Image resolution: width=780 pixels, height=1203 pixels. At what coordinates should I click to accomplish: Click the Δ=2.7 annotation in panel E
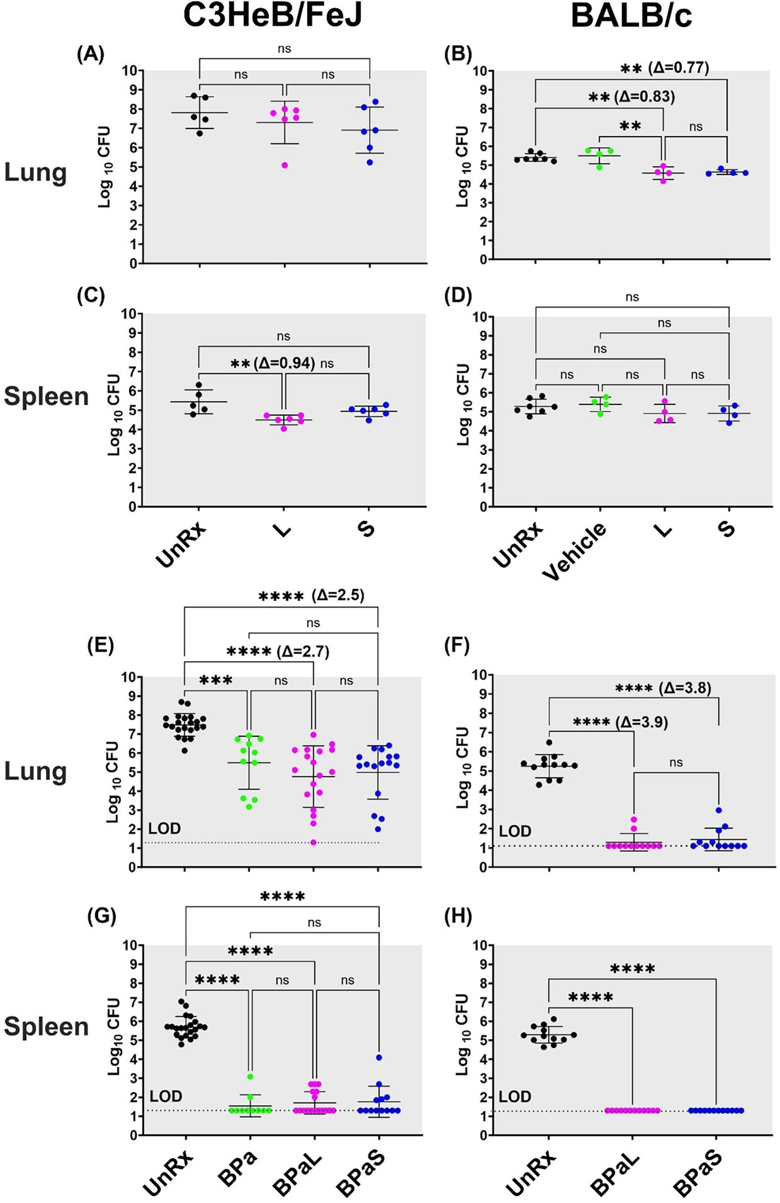[x=303, y=652]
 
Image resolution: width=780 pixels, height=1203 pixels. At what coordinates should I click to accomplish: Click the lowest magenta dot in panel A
[x=285, y=165]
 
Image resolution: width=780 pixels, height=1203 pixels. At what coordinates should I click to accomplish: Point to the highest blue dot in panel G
[x=379, y=1057]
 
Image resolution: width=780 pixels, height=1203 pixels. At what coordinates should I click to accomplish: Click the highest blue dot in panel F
[x=718, y=810]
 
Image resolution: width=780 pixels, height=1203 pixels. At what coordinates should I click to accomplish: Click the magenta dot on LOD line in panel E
[x=313, y=842]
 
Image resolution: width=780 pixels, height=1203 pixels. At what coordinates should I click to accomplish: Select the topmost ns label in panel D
[x=632, y=297]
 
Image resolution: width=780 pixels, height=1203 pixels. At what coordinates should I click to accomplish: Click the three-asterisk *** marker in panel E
[x=216, y=680]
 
